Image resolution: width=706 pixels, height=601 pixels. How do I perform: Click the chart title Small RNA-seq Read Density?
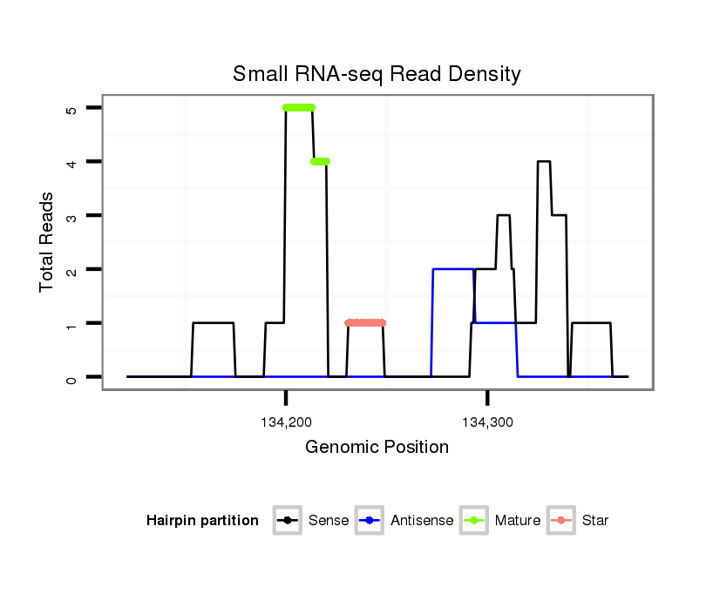377,74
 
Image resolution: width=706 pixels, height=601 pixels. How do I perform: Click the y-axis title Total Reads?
47,242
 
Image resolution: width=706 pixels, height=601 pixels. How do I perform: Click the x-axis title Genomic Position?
377,448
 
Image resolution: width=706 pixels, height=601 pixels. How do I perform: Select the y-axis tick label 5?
71,108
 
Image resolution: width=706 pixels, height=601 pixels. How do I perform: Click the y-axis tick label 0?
71,377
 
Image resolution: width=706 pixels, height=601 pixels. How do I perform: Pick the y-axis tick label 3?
71,215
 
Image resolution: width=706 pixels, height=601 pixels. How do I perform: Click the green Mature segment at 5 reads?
299,107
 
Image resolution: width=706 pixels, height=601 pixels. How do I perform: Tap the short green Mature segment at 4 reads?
320,161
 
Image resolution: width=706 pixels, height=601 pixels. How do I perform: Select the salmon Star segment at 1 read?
365,323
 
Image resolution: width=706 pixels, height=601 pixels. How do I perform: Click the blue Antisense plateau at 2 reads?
452,269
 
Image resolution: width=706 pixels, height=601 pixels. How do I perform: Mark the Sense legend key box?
287,521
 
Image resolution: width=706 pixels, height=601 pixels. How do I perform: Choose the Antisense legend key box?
370,521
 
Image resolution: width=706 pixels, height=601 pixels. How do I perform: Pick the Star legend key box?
562,521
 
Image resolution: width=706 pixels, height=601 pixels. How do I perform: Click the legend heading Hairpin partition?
202,521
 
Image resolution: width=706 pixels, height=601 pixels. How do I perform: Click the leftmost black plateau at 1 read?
213,323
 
